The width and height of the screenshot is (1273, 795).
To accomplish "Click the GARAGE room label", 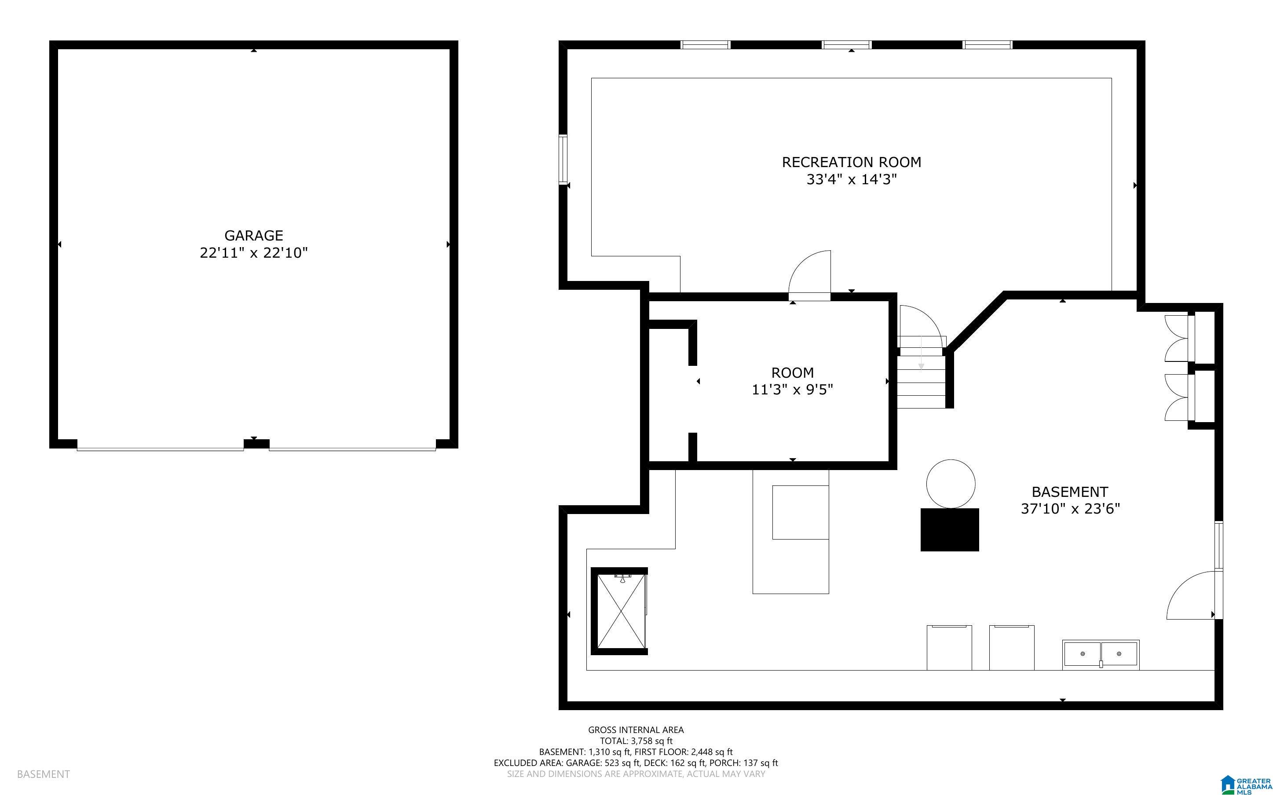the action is [253, 236].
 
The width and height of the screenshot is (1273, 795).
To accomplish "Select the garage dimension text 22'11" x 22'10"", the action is [253, 253].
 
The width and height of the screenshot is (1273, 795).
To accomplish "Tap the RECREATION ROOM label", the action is [851, 162].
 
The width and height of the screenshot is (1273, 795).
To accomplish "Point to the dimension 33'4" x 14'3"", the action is [851, 179].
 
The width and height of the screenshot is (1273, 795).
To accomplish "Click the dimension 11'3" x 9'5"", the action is [792, 390].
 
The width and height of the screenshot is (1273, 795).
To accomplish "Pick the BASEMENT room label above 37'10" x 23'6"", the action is [1069, 492].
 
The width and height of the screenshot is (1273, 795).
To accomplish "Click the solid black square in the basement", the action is [950, 529].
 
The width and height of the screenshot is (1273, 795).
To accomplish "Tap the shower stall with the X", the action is [619, 611].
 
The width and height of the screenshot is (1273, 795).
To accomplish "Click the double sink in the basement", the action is [1101, 654].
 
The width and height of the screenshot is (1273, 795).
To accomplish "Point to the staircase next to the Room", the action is [921, 372].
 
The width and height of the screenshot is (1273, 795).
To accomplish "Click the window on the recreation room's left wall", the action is [563, 159].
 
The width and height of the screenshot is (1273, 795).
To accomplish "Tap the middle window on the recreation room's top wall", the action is [847, 45].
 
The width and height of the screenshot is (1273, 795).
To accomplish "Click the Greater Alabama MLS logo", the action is [1246, 784].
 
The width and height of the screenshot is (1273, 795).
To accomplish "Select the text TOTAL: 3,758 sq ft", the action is [636, 741].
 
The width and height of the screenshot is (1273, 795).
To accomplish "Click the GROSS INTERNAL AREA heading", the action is [636, 730].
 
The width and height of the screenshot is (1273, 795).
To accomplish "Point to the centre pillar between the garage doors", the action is [256, 444].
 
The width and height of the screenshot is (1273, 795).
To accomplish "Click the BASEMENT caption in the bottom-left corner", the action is [43, 774].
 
